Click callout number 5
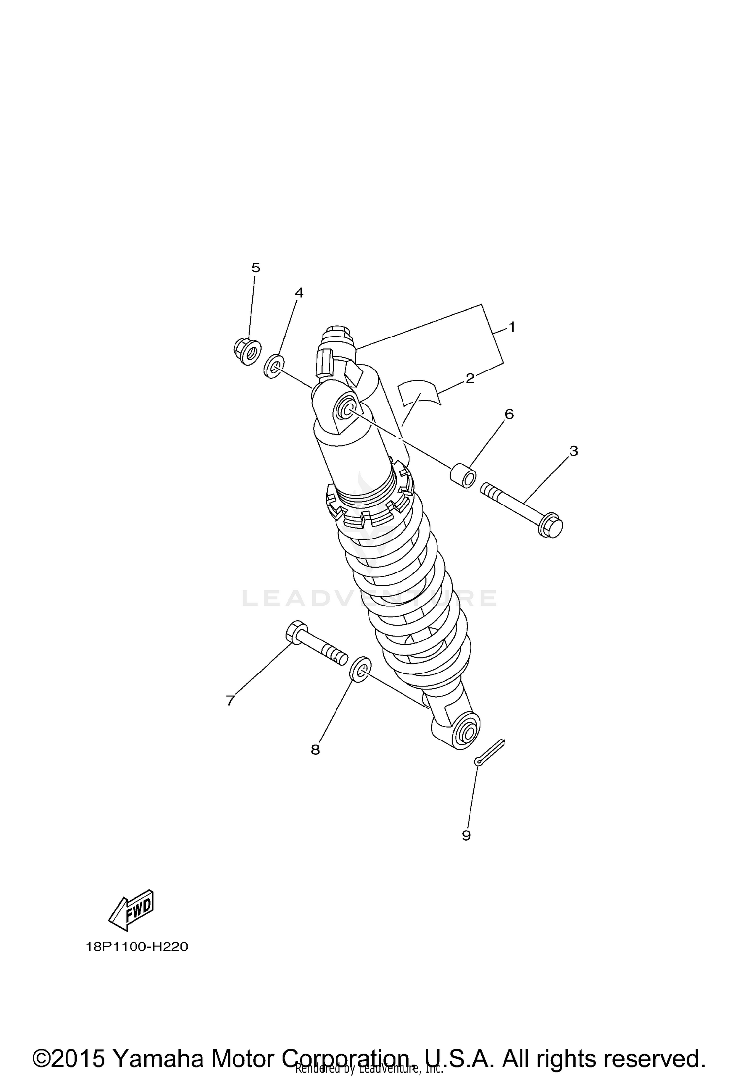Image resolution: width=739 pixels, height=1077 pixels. pos(255,268)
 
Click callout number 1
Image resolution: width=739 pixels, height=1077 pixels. pos(512,327)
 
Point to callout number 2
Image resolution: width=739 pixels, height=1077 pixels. pos(470,378)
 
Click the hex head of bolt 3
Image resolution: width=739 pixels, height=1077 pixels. pos(551,527)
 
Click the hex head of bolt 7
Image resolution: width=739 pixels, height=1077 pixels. pos(296,631)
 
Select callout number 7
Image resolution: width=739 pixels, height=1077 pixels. pos(230,700)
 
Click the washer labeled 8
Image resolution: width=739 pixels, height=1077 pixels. pos(359,669)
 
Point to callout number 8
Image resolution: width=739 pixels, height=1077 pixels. pos(315,750)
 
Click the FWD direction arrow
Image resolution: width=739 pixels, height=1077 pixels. pos(131,910)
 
